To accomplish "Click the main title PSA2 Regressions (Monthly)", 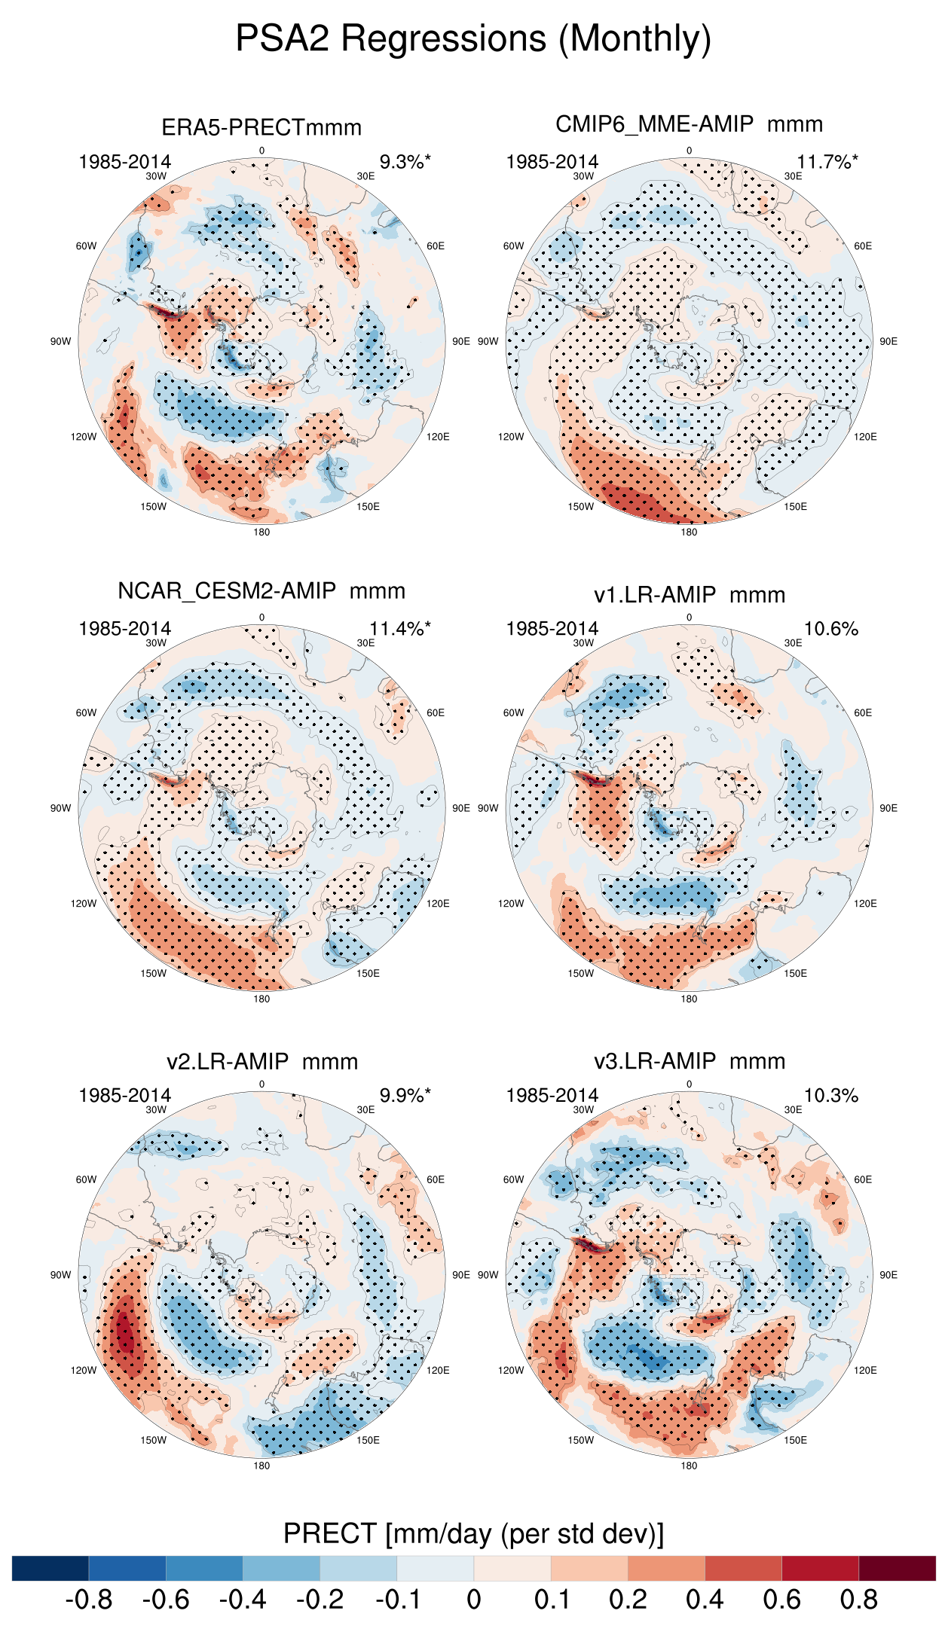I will [x=473, y=38].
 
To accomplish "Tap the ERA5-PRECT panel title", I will [x=261, y=127].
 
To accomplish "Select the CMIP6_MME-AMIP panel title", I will [x=689, y=124].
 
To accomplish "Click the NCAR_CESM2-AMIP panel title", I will [x=261, y=591].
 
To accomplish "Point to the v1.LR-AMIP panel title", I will [x=689, y=595].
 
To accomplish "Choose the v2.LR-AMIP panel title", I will [x=261, y=1062].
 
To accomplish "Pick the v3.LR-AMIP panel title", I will [x=689, y=1061].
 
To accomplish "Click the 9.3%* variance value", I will [x=405, y=162].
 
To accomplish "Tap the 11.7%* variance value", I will [x=827, y=162].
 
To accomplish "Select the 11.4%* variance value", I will [x=399, y=629].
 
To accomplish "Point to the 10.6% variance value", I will [x=830, y=629].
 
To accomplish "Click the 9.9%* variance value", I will [x=405, y=1096].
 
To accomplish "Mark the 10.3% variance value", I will [x=830, y=1096].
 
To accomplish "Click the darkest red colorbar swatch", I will [x=897, y=1568].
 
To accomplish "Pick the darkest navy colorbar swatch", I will [x=50, y=1568].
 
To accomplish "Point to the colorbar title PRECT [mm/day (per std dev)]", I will [x=473, y=1533].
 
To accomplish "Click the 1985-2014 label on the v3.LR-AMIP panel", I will [x=552, y=1096].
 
